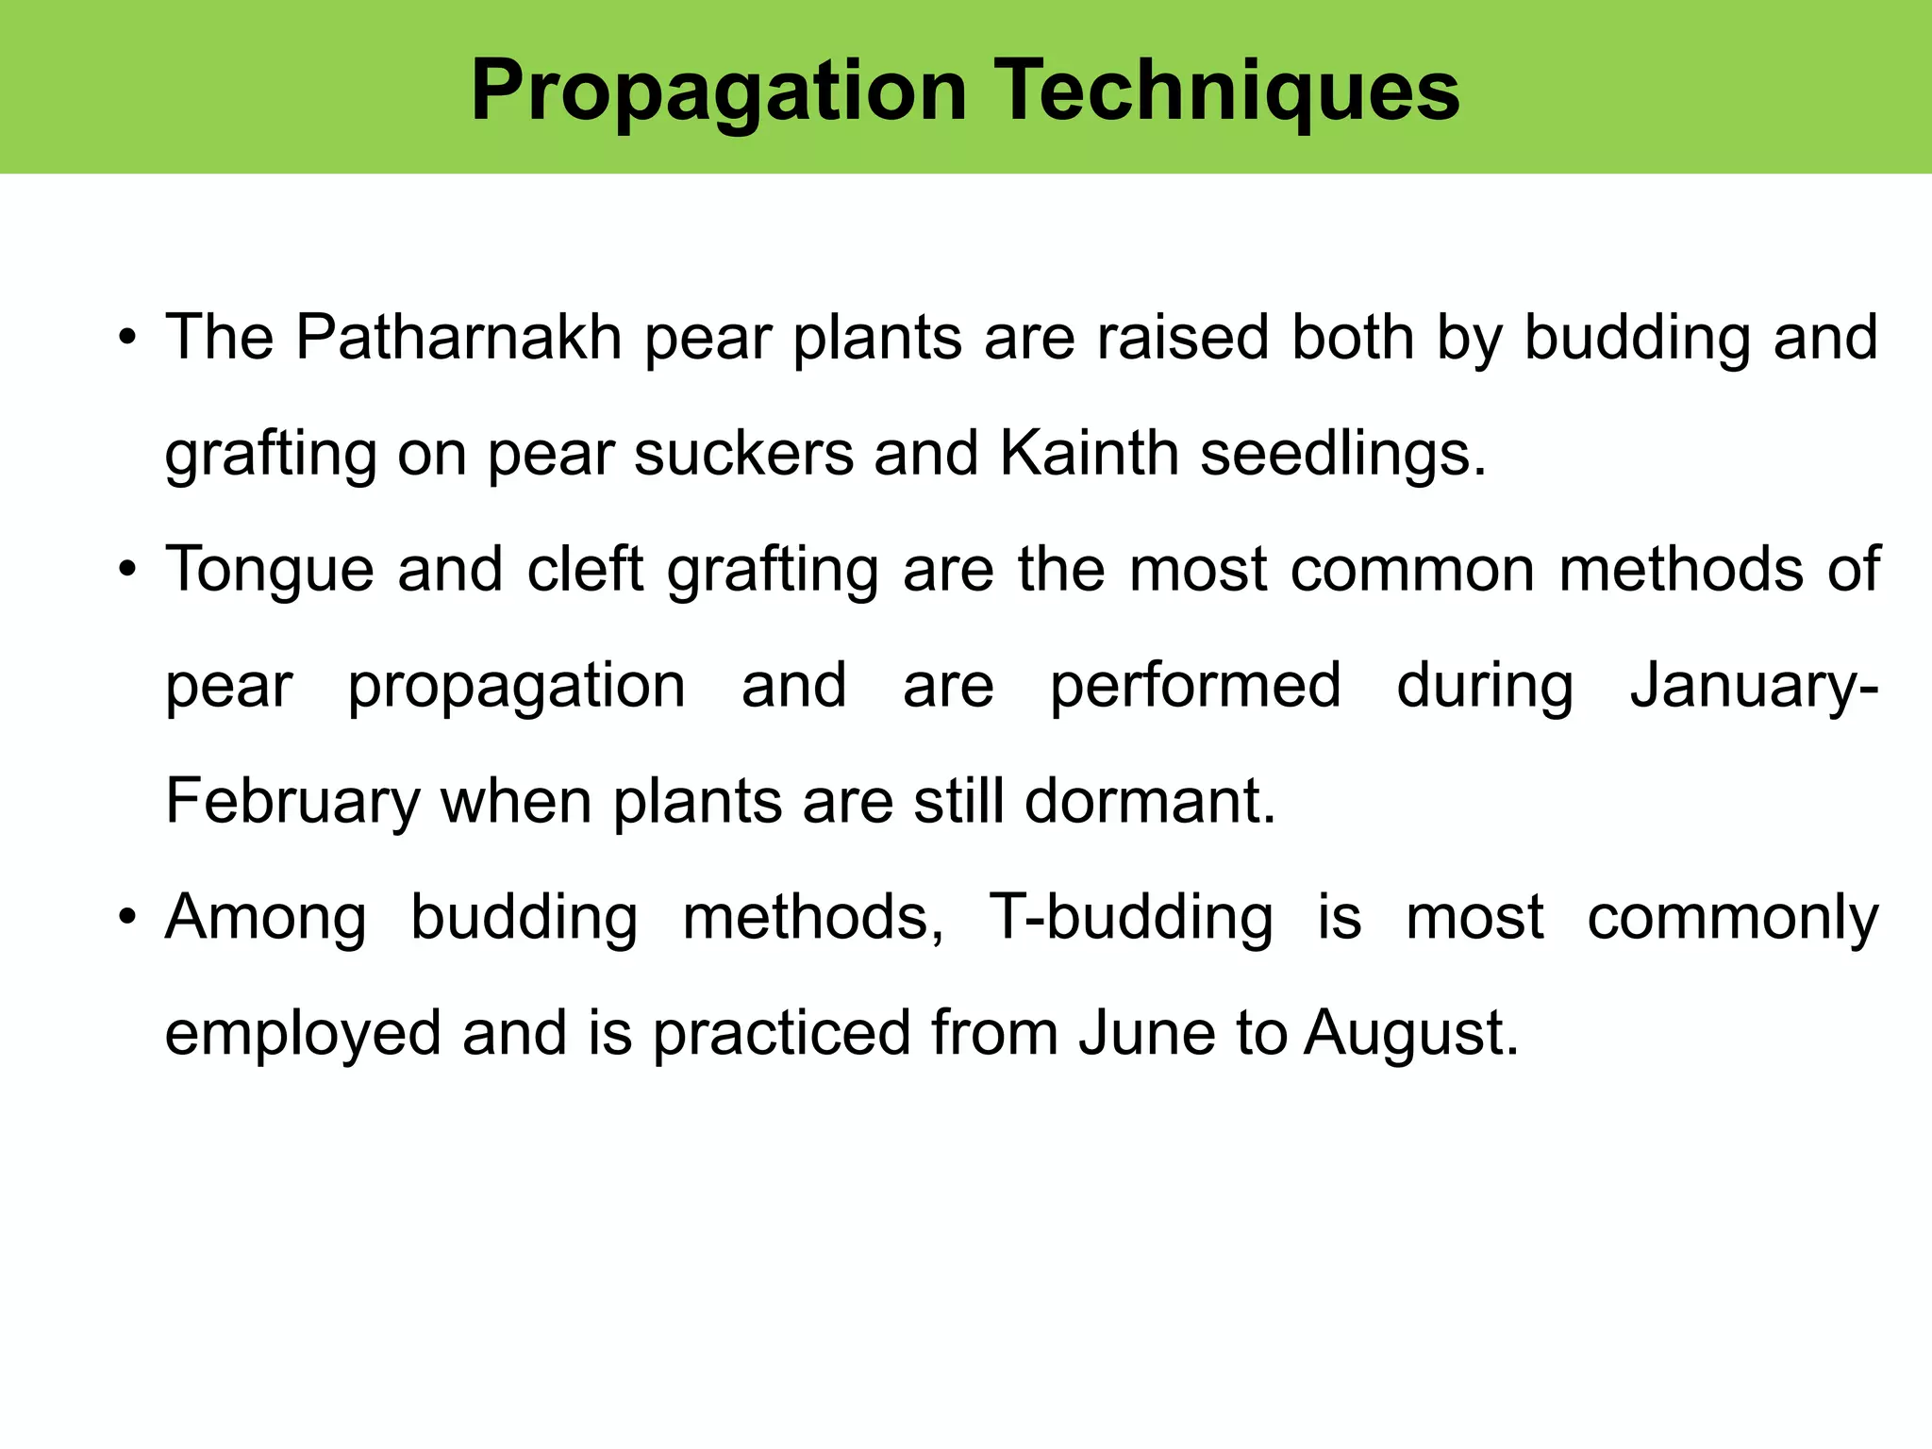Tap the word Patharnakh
click(458, 337)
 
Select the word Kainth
click(1089, 454)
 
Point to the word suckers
click(742, 454)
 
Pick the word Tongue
click(270, 571)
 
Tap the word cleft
click(585, 569)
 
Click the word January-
click(1754, 687)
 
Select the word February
click(292, 803)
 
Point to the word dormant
click(1149, 801)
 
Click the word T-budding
click(1130, 917)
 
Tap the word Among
click(266, 919)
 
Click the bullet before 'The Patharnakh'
click(127, 339)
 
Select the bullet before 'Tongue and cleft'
click(127, 571)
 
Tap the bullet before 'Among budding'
click(127, 918)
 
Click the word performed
click(1195, 687)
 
